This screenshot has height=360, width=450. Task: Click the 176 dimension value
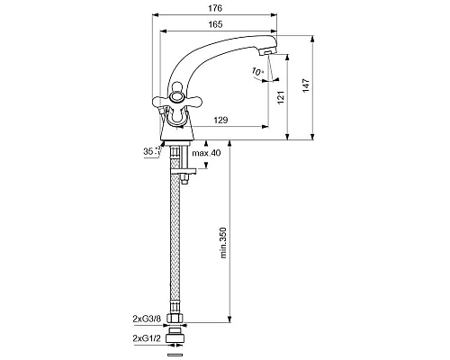tap(215, 8)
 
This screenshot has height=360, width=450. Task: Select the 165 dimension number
tap(215, 24)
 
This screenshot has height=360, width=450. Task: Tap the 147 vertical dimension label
tap(306, 85)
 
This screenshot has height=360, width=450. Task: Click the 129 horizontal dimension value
tap(220, 120)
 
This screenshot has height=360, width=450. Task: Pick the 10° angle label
tap(257, 72)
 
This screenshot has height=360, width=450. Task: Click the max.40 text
tap(206, 153)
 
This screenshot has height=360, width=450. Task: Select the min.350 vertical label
tap(223, 243)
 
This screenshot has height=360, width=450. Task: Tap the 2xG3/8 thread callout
tap(147, 319)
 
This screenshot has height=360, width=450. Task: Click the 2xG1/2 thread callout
tap(147, 338)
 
